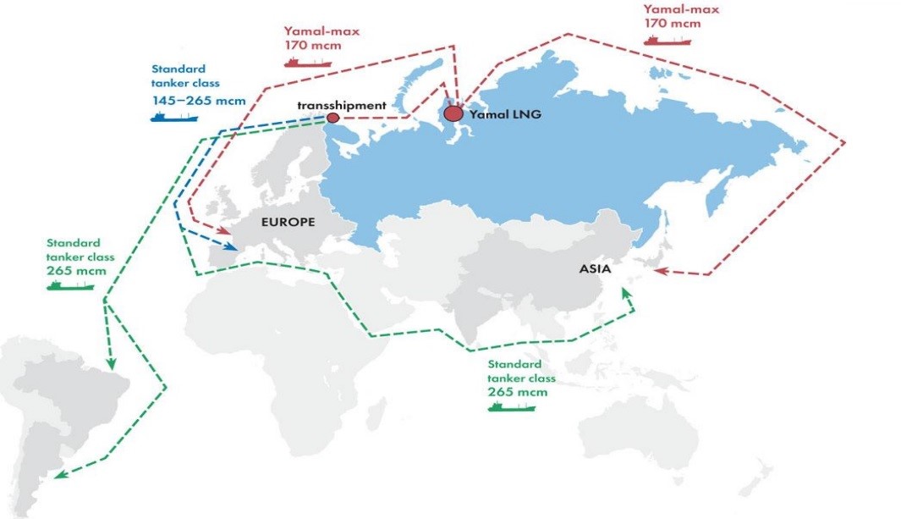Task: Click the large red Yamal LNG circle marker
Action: coord(453,113)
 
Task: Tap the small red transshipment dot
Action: coord(333,118)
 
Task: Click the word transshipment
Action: coord(342,105)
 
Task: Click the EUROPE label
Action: coord(288,223)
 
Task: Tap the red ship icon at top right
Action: coord(668,40)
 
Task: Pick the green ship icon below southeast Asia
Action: coord(511,406)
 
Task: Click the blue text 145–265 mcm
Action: coord(199,101)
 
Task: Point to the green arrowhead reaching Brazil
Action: coord(110,365)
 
